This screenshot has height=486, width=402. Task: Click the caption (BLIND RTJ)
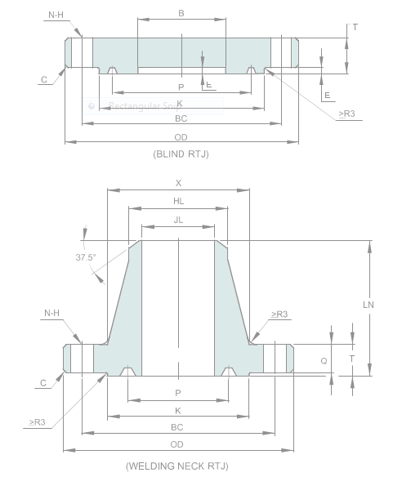181,154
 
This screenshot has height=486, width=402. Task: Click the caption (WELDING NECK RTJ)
176,466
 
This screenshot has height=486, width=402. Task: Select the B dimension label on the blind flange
181,13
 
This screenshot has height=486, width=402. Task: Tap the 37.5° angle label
86,256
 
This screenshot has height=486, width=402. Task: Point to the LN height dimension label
368,304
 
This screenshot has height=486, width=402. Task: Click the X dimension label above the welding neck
178,183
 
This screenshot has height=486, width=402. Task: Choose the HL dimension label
178,201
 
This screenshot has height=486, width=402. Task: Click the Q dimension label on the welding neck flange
324,359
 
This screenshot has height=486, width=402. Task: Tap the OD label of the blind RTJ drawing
181,136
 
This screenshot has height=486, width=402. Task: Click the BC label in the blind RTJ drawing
181,118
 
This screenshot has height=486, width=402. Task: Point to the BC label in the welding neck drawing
176,426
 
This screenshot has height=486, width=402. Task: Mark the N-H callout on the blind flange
56,15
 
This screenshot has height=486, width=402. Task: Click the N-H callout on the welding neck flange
51,313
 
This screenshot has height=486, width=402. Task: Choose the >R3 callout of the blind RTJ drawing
346,114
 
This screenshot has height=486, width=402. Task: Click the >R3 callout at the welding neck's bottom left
37,422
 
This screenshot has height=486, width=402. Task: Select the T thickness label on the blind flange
355,27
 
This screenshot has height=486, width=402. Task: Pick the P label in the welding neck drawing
178,393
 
